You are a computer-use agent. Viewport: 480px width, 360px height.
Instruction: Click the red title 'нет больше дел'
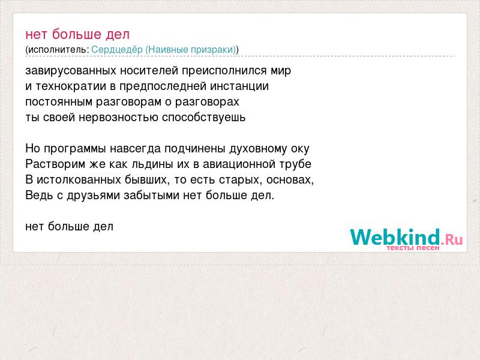pos(77,34)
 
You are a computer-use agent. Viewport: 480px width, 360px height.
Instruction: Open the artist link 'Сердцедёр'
pos(117,49)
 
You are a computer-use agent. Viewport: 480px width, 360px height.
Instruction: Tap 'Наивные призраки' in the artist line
pos(190,50)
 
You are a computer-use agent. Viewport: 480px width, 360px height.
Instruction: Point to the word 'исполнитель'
pos(57,50)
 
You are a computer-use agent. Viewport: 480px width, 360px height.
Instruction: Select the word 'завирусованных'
pos(71,71)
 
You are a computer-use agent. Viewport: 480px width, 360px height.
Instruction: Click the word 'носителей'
pos(149,71)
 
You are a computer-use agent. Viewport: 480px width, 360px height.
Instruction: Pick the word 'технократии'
pos(71,86)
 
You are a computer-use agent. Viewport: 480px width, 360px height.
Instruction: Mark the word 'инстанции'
pos(239,86)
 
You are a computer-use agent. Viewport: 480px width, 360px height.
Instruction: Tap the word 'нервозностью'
pos(118,118)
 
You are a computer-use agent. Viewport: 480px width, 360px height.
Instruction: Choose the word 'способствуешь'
pos(203,118)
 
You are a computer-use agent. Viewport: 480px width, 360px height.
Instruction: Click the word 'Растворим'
pos(55,164)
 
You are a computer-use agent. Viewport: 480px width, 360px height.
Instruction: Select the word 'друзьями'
pos(94,196)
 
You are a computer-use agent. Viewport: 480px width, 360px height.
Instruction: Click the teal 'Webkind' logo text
pos(395,236)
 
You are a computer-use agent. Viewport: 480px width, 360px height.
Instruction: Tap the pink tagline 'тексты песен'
pos(413,248)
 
